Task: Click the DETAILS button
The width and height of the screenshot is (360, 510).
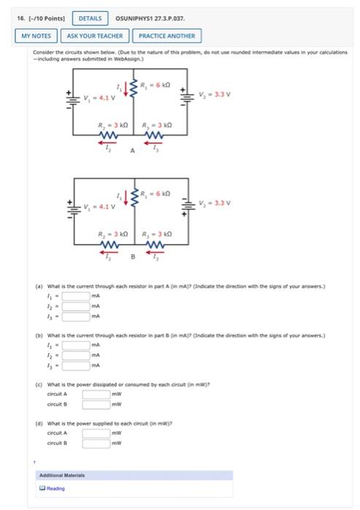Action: click(89, 17)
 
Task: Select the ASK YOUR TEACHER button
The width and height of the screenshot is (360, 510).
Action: click(97, 35)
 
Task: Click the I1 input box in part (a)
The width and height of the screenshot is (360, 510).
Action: click(75, 296)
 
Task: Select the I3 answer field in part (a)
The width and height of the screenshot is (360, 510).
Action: click(75, 316)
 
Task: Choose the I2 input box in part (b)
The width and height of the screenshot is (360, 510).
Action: click(75, 354)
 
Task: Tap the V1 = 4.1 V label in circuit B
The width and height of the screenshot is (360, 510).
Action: click(97, 205)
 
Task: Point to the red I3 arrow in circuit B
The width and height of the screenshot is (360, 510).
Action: click(154, 253)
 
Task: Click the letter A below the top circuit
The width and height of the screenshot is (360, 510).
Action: click(133, 150)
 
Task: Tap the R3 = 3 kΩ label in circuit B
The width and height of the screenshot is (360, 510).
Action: click(156, 234)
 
